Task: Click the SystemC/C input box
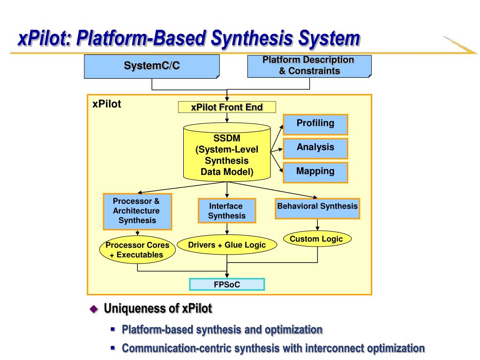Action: pyautogui.click(x=152, y=67)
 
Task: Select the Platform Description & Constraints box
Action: pyautogui.click(x=309, y=66)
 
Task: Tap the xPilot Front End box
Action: pyautogui.click(x=227, y=107)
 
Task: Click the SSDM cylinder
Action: pyautogui.click(x=227, y=152)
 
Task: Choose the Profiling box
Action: pyautogui.click(x=315, y=125)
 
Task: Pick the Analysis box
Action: pyautogui.click(x=315, y=149)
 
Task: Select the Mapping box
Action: pyautogui.click(x=315, y=172)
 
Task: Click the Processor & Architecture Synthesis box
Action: pyautogui.click(x=137, y=211)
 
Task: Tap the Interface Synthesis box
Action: pyautogui.click(x=227, y=210)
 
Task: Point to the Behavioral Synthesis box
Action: pyautogui.click(x=317, y=209)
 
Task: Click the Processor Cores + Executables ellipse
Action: pyautogui.click(x=137, y=250)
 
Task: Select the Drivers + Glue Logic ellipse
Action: pyautogui.click(x=227, y=245)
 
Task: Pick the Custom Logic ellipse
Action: pyautogui.click(x=317, y=239)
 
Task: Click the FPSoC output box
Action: pyautogui.click(x=227, y=285)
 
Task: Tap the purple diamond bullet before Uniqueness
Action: pyautogui.click(x=94, y=309)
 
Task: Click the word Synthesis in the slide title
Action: pyautogui.click(x=252, y=38)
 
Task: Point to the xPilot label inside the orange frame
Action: pyautogui.click(x=106, y=104)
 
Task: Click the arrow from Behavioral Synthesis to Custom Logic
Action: pyautogui.click(x=317, y=225)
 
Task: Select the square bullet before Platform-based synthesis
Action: pyautogui.click(x=113, y=330)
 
